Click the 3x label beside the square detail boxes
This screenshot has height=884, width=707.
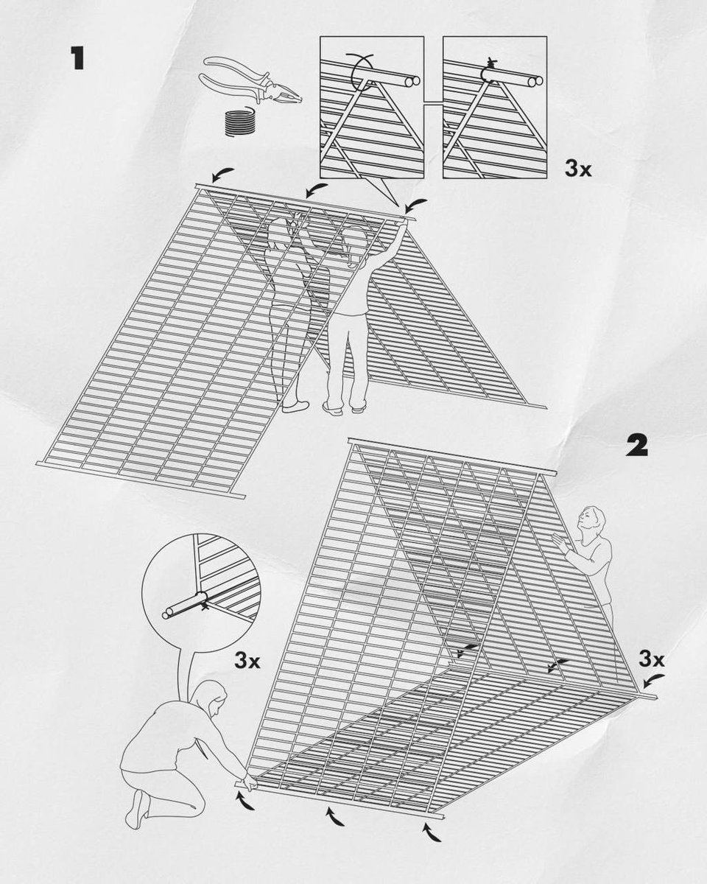(x=579, y=169)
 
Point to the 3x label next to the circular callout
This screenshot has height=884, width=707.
(x=247, y=659)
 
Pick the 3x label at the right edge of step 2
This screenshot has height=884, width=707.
(x=652, y=656)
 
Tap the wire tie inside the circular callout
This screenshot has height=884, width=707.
(x=200, y=604)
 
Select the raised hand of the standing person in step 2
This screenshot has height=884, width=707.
(x=561, y=544)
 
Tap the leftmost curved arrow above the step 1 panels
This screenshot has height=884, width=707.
(x=219, y=175)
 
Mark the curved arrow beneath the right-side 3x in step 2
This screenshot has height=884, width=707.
(x=653, y=678)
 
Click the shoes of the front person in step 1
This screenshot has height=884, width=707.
(x=342, y=407)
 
